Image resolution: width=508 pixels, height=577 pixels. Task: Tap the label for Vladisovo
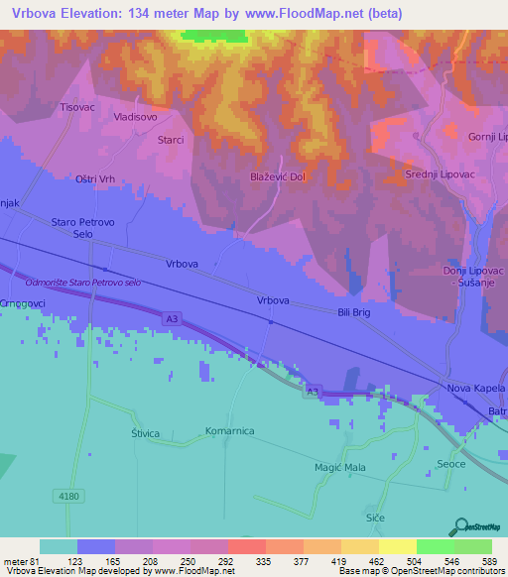tap(136, 116)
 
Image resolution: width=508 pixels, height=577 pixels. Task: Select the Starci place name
tap(171, 140)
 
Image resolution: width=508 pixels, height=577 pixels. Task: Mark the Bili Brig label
tap(354, 311)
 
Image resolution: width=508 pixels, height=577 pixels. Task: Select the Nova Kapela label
tap(474, 388)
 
